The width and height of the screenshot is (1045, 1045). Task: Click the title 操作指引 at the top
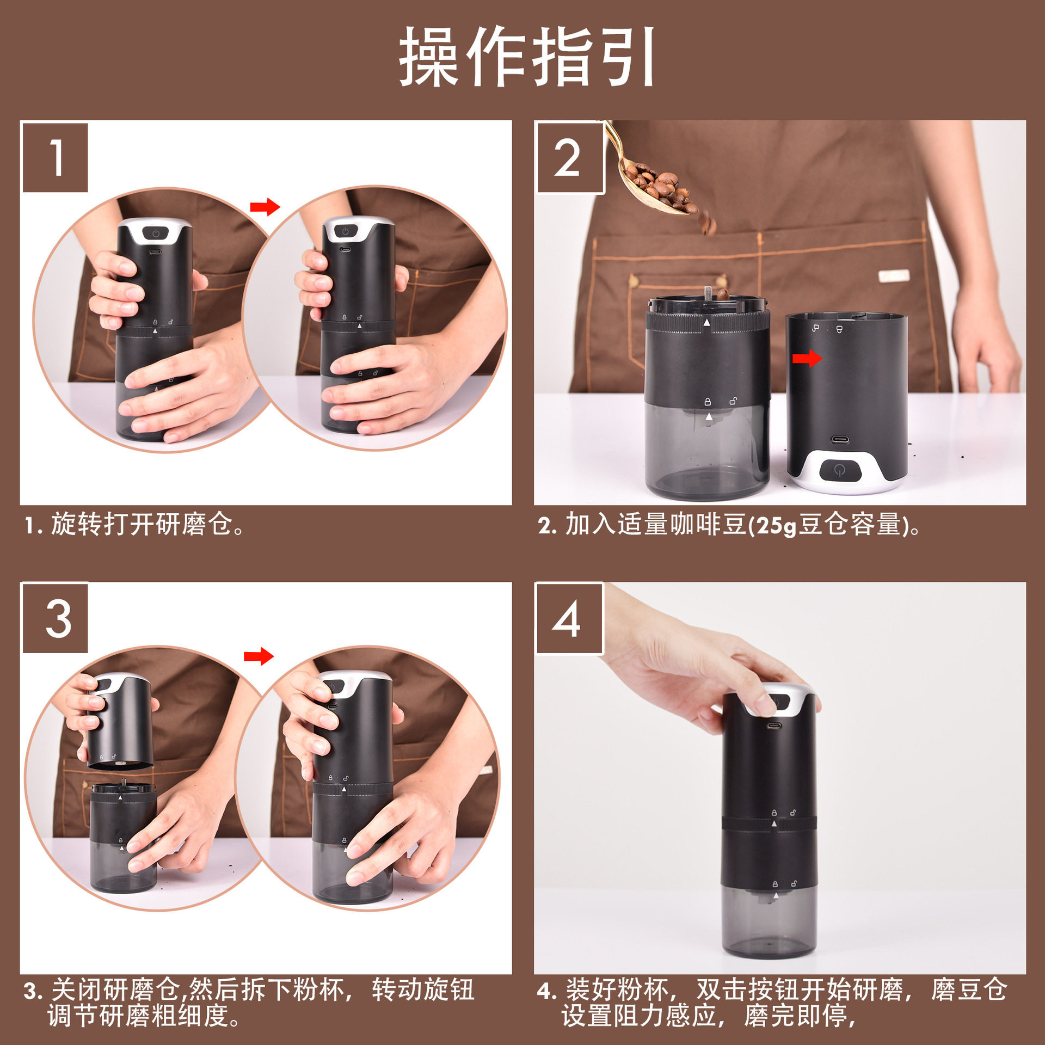527,57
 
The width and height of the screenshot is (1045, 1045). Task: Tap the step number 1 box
55,158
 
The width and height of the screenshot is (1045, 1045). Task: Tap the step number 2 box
570,158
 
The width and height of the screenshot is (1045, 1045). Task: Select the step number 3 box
55,619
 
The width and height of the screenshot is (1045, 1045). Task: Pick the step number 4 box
569,619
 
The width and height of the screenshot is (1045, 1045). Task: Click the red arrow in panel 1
265,207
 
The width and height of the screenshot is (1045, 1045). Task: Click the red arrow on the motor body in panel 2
807,358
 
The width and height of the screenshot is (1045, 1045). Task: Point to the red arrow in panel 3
258,656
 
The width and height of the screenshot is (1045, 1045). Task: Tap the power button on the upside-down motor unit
840,470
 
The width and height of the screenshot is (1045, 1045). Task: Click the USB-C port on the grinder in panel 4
773,726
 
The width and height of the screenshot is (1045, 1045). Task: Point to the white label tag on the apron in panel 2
893,276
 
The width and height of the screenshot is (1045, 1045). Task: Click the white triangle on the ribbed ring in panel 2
706,323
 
